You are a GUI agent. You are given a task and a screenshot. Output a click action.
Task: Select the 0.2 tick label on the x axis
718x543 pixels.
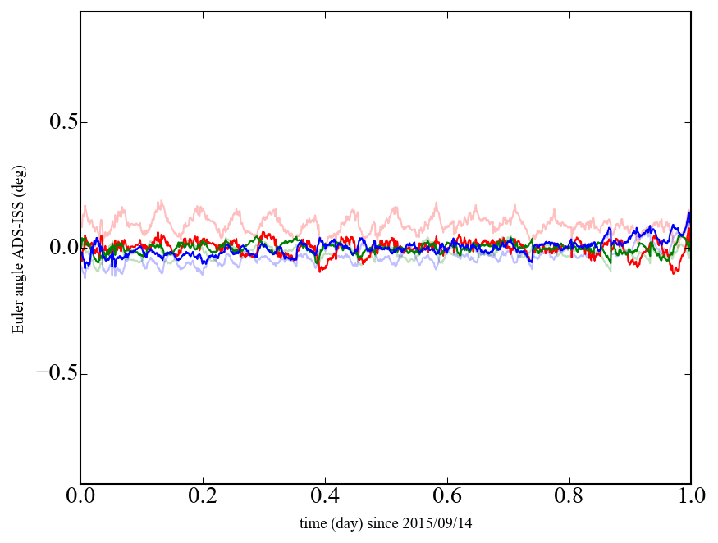coord(202,497)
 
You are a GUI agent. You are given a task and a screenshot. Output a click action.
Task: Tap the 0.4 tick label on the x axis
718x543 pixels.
coord(325,497)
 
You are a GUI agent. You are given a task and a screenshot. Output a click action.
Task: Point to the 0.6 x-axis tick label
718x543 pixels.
coord(446,497)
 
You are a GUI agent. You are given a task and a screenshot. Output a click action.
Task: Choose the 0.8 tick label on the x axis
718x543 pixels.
coord(569,497)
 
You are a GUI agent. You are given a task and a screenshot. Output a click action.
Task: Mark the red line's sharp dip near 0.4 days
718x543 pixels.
coord(320,270)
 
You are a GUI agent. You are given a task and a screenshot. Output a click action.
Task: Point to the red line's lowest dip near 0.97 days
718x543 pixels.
coord(675,272)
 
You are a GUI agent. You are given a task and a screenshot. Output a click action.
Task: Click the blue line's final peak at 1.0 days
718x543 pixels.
coord(689,213)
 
